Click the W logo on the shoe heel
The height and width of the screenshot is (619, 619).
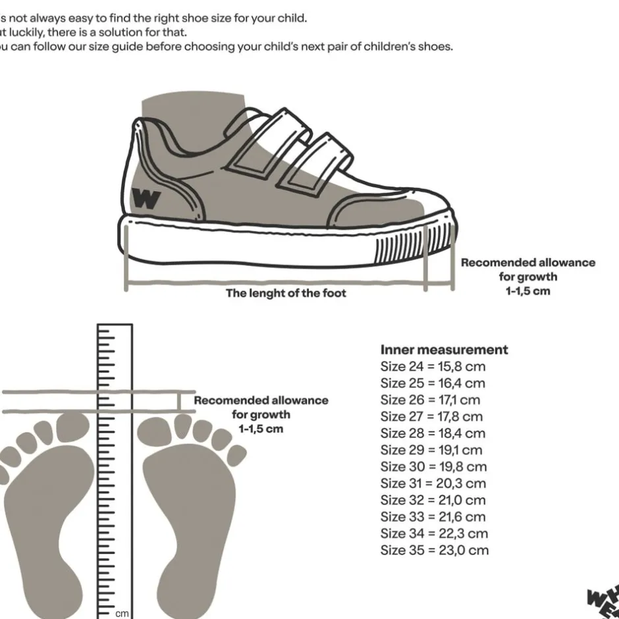(146, 198)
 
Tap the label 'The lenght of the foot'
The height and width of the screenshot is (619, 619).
(286, 293)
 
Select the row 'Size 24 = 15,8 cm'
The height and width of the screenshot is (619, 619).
(432, 366)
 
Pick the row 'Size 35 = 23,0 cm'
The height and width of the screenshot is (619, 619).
(434, 550)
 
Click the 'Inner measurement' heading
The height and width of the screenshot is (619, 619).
(444, 349)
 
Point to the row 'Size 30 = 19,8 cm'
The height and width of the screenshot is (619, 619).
(433, 466)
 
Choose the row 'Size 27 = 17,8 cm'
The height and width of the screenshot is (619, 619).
(431, 416)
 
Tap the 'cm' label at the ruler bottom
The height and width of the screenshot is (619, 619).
(122, 612)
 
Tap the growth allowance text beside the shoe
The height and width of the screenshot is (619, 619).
(527, 277)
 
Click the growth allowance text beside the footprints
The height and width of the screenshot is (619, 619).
(261, 414)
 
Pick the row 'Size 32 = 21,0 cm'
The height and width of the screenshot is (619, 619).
(433, 500)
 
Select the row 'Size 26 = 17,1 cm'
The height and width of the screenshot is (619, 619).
(430, 400)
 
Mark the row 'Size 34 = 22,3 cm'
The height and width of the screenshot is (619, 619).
(434, 533)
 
